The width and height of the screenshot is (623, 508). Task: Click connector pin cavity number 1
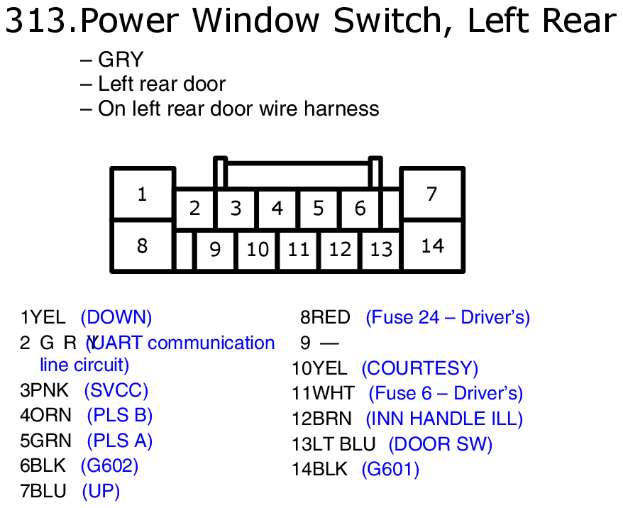tap(143, 194)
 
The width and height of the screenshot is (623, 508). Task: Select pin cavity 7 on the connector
tap(431, 194)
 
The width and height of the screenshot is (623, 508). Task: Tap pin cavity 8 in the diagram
tap(143, 245)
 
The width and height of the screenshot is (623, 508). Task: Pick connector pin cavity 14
tap(432, 245)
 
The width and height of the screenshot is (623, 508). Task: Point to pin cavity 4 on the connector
tap(277, 209)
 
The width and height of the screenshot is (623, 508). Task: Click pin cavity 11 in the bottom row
tap(299, 250)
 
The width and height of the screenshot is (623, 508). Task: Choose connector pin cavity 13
tap(381, 250)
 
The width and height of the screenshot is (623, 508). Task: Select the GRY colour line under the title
tap(121, 60)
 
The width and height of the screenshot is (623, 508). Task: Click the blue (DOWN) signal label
tap(116, 317)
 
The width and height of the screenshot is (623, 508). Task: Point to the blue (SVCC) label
tap(116, 390)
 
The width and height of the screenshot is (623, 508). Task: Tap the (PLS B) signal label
tap(120, 415)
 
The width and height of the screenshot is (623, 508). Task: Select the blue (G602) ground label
tap(109, 465)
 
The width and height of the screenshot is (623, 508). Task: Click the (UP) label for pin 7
tap(101, 491)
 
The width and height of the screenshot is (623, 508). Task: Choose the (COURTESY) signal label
tap(419, 368)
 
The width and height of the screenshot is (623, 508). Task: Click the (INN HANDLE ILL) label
tap(444, 419)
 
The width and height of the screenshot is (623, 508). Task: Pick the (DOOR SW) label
tap(440, 444)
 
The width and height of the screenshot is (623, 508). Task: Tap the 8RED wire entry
tap(326, 317)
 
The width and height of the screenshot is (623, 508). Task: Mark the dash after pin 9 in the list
tap(329, 343)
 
